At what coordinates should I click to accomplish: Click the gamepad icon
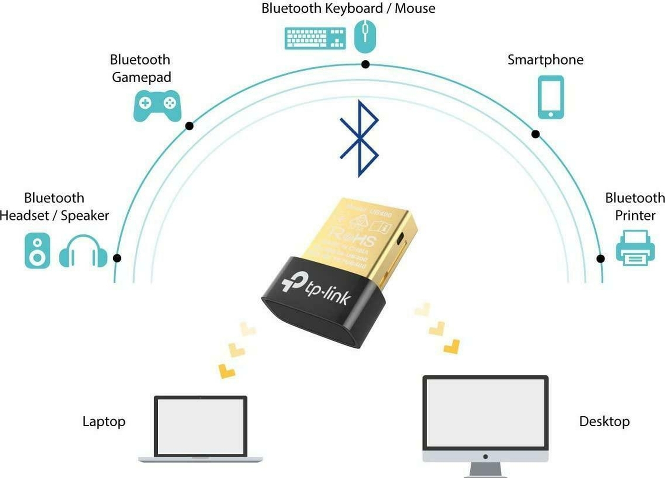157,105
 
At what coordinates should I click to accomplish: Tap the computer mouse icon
365,36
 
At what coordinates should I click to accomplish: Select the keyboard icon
315,38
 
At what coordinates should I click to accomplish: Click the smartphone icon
551,97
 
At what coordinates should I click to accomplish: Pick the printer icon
635,248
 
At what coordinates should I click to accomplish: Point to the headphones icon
84,251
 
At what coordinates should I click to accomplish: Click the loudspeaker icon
38,251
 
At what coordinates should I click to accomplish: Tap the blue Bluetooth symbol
360,138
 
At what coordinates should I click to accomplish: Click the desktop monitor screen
485,412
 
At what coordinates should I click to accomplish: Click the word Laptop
104,421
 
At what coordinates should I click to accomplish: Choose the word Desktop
604,421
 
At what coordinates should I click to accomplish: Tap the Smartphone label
545,60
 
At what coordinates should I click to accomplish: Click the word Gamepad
142,77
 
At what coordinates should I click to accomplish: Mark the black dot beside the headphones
117,258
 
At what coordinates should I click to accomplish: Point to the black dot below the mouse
365,64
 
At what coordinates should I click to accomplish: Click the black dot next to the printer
600,258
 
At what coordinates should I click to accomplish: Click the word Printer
635,216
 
